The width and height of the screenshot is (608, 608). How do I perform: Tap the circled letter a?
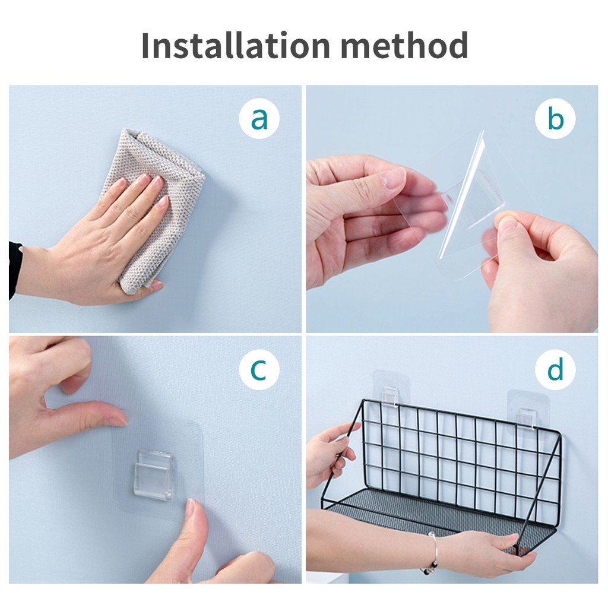coord(259,119)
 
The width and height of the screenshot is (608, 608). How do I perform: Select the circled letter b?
coord(555,119)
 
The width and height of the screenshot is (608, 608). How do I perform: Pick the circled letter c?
coord(259,370)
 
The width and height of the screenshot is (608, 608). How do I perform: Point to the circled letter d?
coord(555,370)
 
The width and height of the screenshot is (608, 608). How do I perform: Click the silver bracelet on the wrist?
coord(432,553)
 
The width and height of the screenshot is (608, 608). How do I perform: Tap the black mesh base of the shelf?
coord(416,511)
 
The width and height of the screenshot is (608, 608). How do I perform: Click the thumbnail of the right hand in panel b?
coord(506,224)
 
